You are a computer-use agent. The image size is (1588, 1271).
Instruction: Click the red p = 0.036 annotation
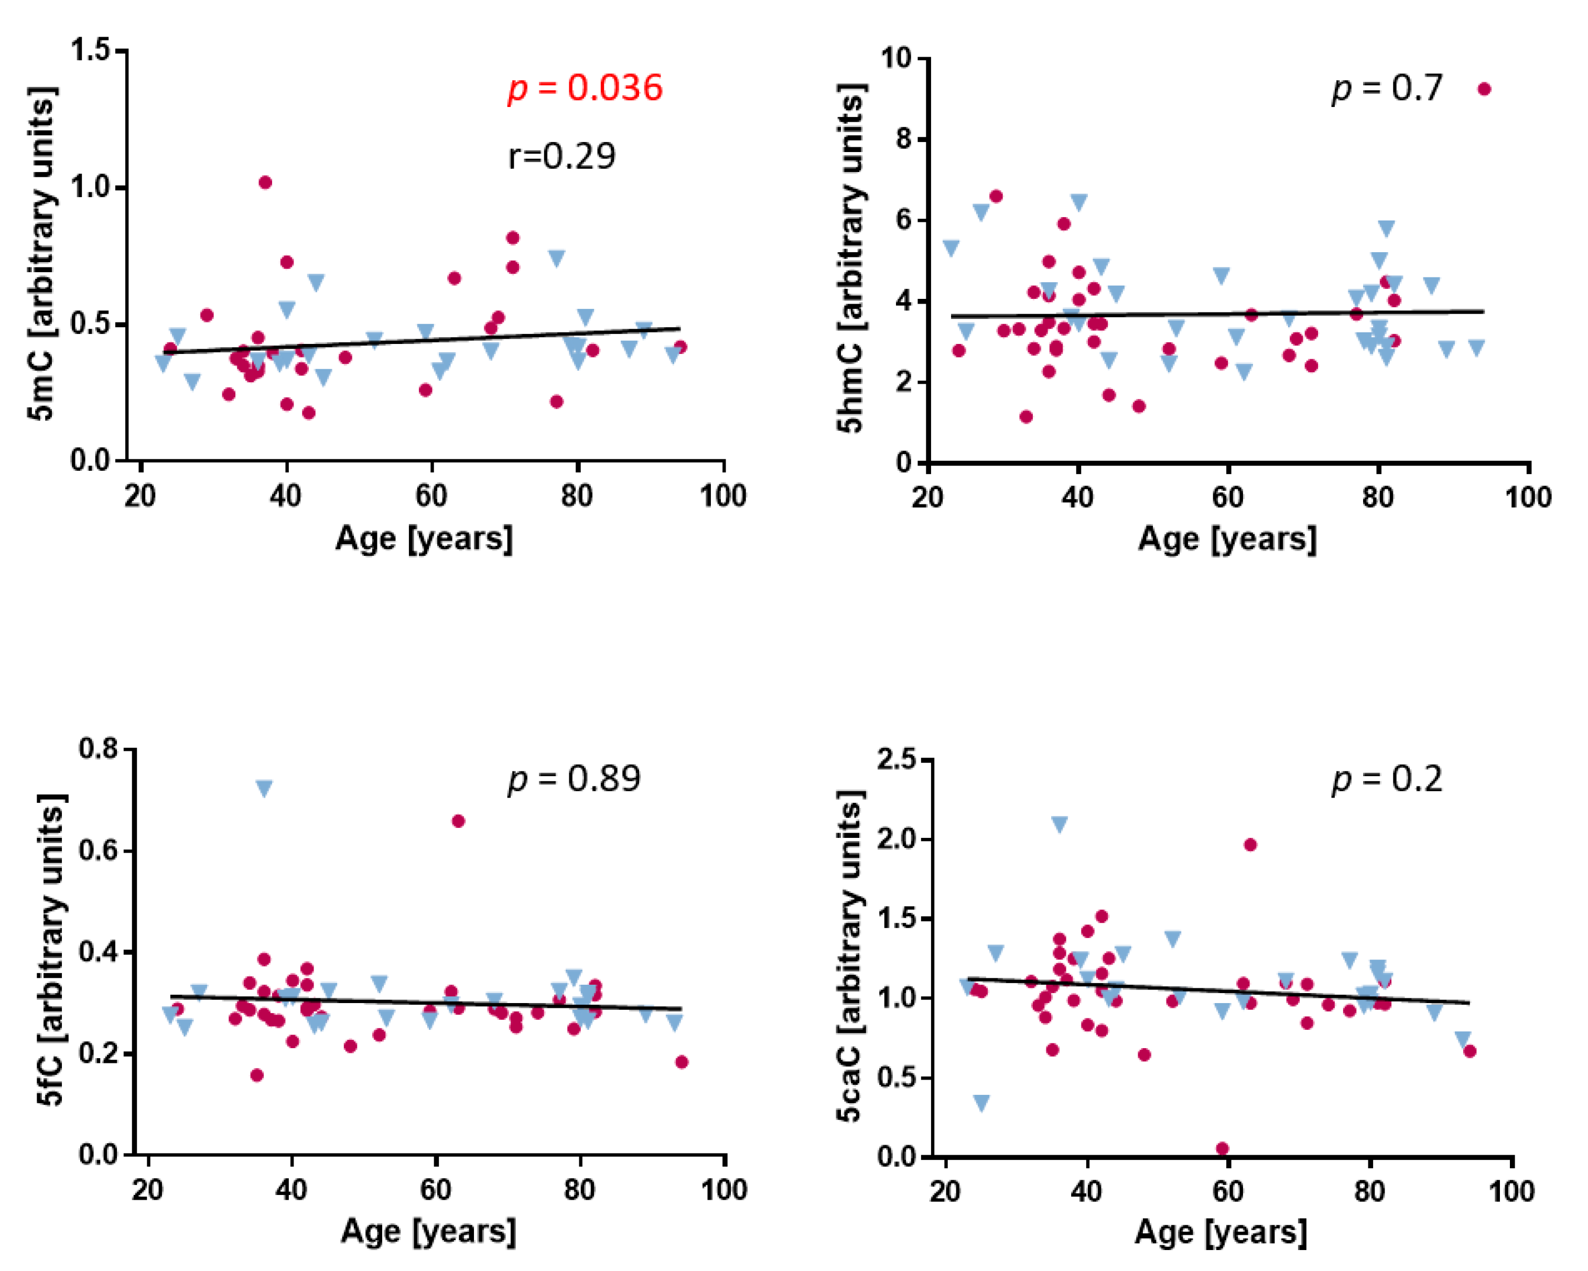[585, 89]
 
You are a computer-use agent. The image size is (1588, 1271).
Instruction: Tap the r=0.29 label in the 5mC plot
[561, 156]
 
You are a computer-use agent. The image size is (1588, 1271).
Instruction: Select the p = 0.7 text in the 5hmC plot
[1386, 89]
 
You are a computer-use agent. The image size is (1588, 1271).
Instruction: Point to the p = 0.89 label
[574, 779]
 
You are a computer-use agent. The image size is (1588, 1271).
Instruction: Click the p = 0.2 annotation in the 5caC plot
[1386, 779]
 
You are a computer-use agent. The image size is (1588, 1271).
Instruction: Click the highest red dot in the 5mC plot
[265, 182]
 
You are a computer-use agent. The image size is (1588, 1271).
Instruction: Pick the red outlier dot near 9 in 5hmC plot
[1484, 89]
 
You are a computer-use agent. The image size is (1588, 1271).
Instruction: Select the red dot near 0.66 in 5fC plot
[458, 821]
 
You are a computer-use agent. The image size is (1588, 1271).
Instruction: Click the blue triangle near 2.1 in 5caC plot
[1059, 824]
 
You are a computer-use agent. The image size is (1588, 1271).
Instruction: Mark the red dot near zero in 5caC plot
[1222, 1148]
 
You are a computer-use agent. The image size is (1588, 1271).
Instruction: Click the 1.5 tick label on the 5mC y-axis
[90, 50]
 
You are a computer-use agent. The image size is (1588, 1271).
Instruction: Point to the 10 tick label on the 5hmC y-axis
[897, 58]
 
